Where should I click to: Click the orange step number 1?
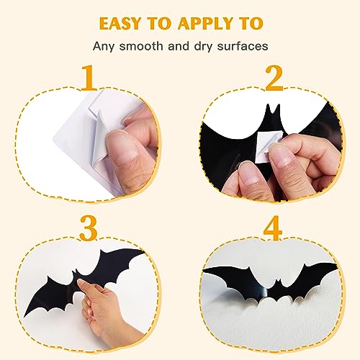point(89,78)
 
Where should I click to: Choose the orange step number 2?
point(273,78)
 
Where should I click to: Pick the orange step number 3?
point(89,229)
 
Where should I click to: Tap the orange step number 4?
point(273,229)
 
